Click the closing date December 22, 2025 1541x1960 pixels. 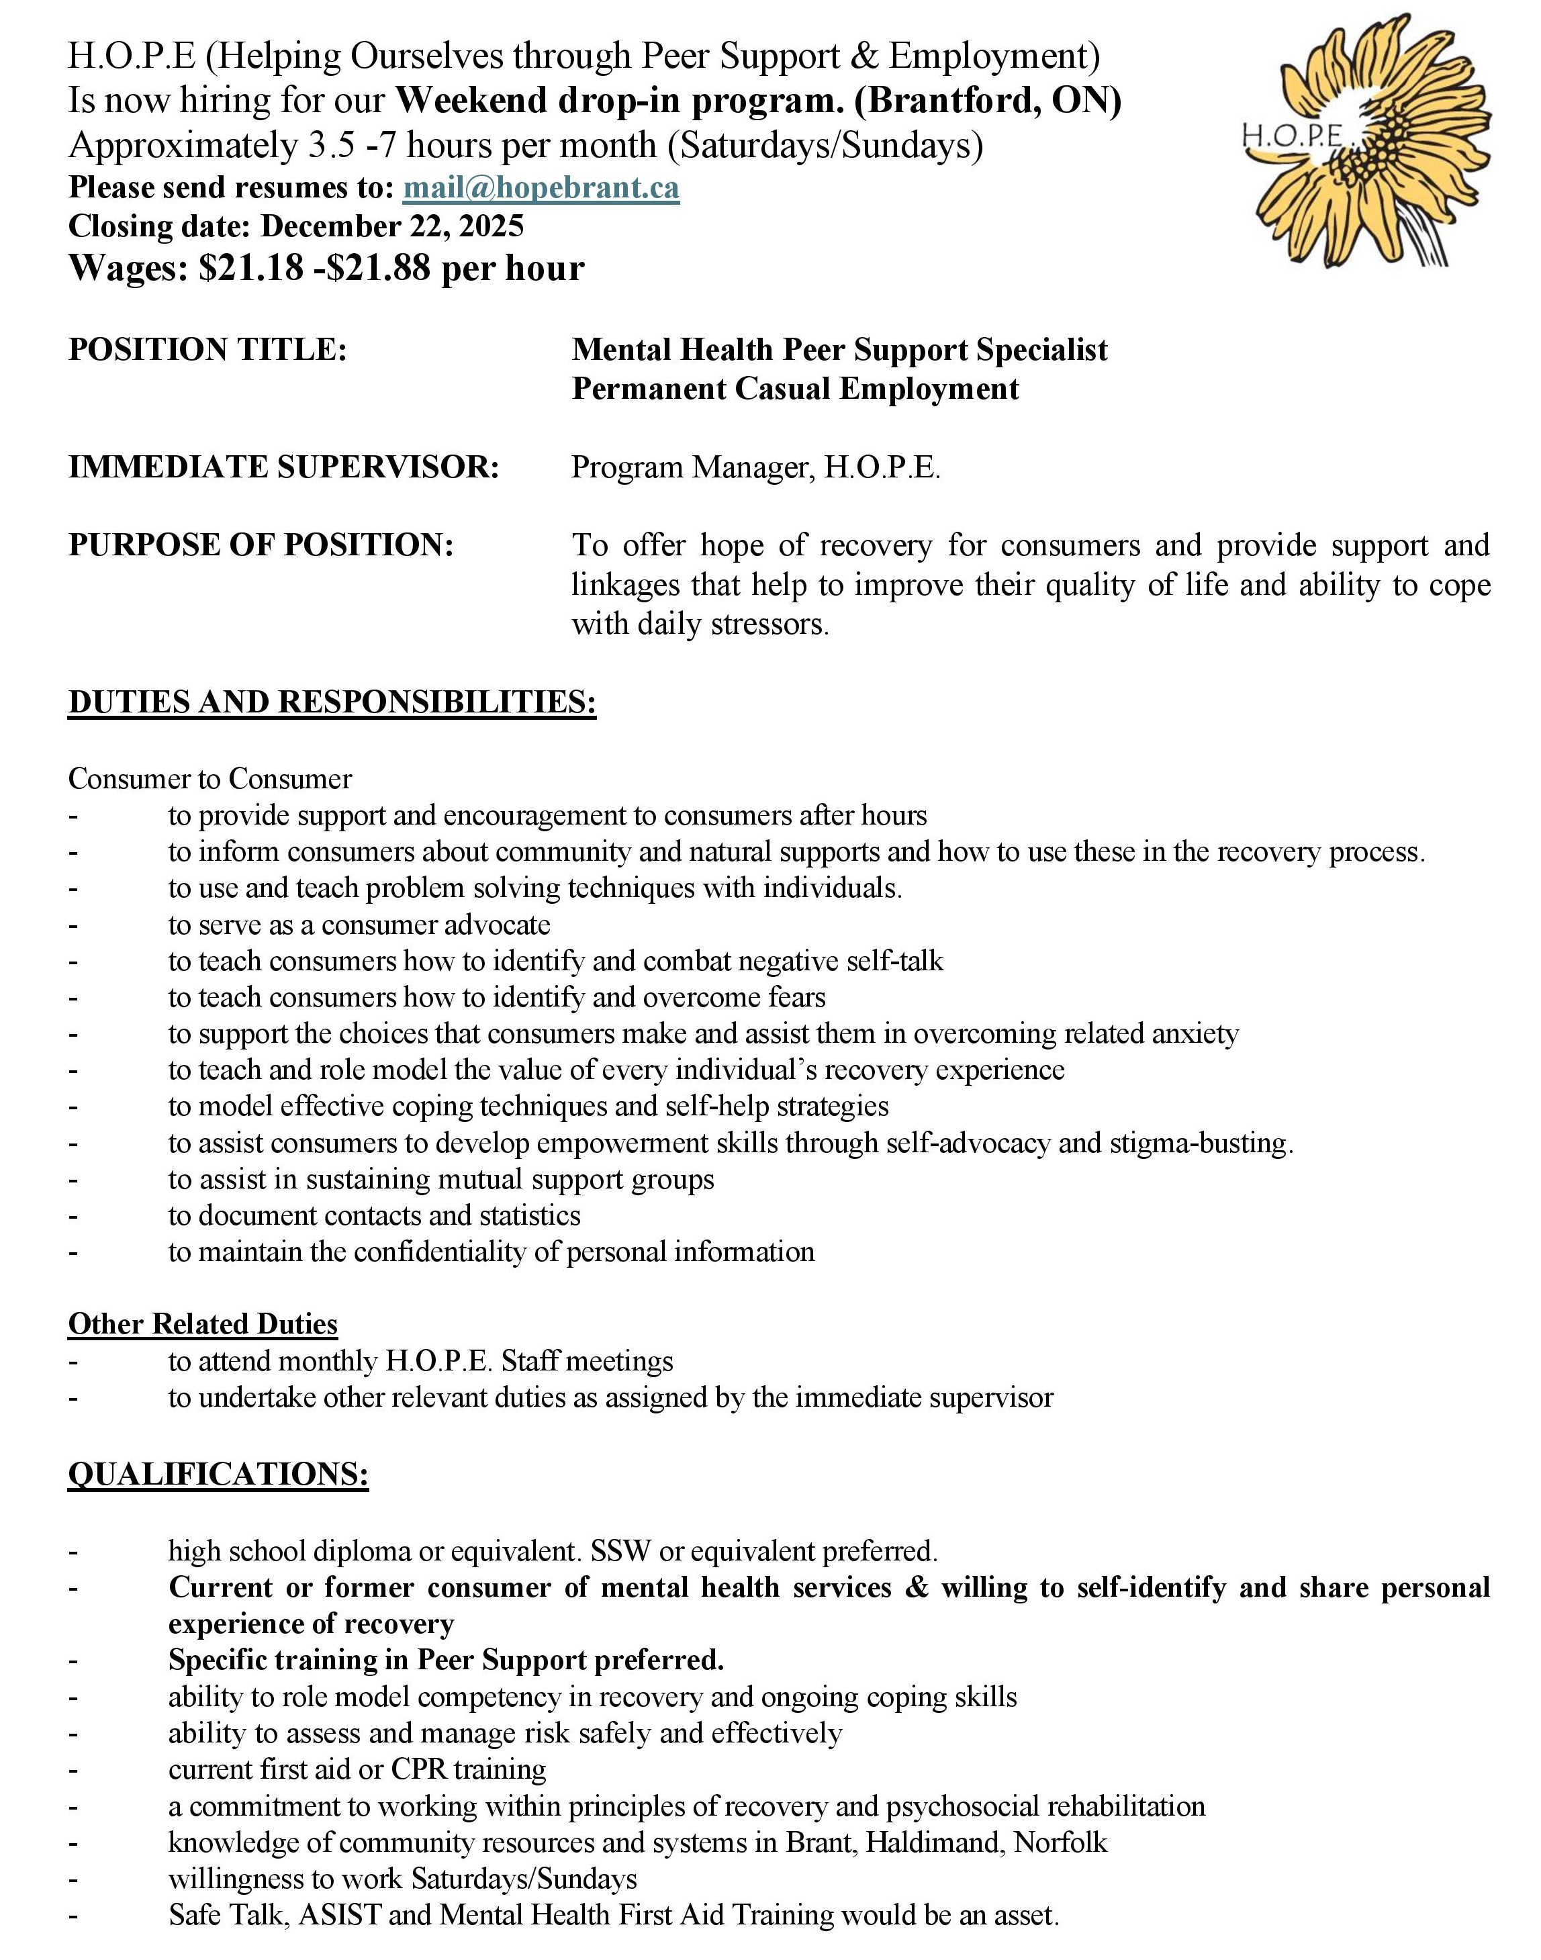pyautogui.click(x=391, y=226)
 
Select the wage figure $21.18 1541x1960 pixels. pyautogui.click(x=251, y=268)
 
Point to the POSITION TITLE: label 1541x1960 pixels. pyautogui.click(x=207, y=350)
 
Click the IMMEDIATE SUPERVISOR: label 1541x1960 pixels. pyautogui.click(x=283, y=467)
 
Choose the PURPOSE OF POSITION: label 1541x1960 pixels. pyautogui.click(x=260, y=546)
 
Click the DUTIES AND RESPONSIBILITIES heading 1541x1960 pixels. pyautogui.click(x=332, y=702)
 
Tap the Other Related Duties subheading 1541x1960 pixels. pyautogui.click(x=203, y=1324)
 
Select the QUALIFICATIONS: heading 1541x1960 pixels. pyautogui.click(x=218, y=1474)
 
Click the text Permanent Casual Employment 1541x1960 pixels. pyautogui.click(x=795, y=389)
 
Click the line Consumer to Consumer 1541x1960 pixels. pyautogui.click(x=210, y=778)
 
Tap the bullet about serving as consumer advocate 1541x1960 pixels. pyautogui.click(x=359, y=925)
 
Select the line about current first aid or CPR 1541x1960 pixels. pyautogui.click(x=357, y=1769)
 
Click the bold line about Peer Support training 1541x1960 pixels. pyautogui.click(x=447, y=1660)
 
